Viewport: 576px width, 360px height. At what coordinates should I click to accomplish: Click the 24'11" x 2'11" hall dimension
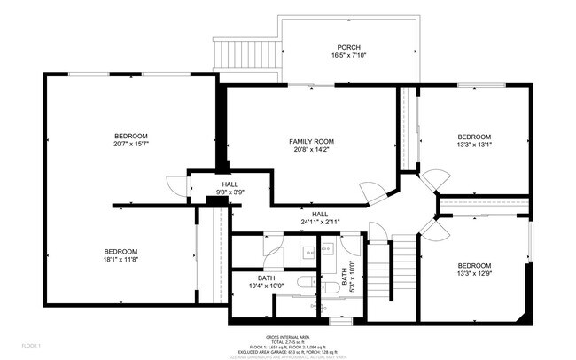click(x=320, y=221)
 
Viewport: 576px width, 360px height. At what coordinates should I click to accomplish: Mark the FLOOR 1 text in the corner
click(x=32, y=344)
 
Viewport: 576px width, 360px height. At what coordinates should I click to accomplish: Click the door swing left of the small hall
click(x=179, y=187)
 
